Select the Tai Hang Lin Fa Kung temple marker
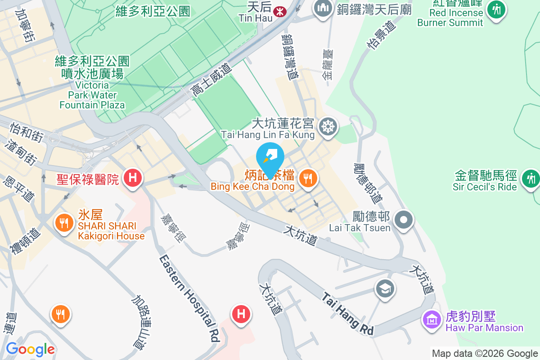(328, 127)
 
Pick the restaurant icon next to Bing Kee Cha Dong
(308, 179)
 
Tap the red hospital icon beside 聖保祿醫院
(132, 177)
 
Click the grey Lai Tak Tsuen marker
(404, 220)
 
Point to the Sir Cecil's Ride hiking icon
(531, 179)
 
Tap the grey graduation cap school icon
(385, 288)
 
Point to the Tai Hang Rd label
(348, 313)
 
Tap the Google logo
(30, 349)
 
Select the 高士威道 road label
(211, 80)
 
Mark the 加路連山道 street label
(145, 322)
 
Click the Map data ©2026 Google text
(485, 354)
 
